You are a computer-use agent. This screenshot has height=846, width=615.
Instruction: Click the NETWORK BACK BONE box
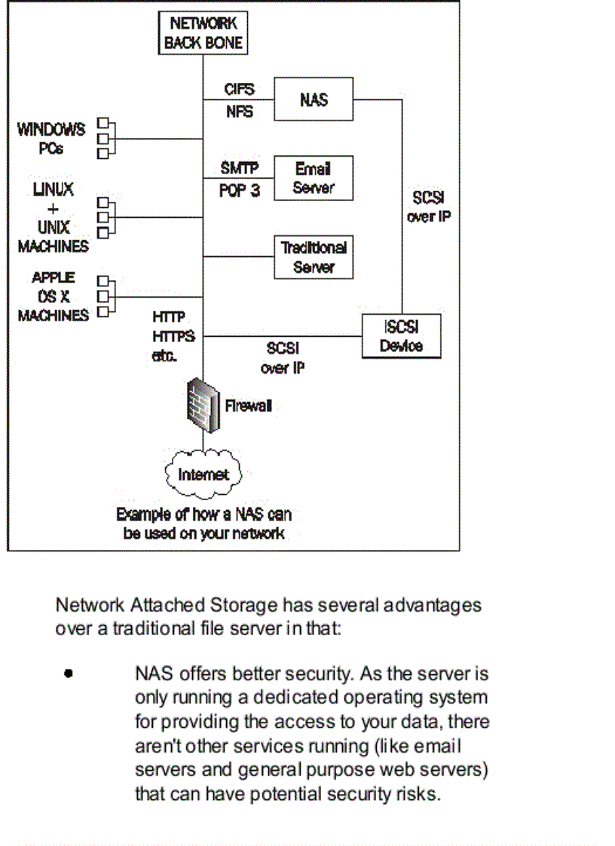[x=203, y=33]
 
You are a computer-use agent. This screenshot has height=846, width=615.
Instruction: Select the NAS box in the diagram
[x=313, y=99]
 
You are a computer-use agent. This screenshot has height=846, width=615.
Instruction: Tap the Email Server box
[x=313, y=179]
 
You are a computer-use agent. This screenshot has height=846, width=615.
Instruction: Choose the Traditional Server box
[x=313, y=257]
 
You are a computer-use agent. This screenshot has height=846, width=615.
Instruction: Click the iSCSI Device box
[x=401, y=336]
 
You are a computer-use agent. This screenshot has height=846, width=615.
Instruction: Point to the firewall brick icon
[x=203, y=407]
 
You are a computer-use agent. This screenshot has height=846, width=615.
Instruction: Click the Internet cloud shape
[x=203, y=475]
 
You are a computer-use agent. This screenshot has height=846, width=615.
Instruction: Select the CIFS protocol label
[x=239, y=89]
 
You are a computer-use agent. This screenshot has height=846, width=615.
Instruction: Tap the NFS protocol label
[x=239, y=112]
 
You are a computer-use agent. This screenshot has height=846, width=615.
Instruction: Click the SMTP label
[x=239, y=168]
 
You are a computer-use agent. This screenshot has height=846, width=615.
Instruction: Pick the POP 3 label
[x=239, y=191]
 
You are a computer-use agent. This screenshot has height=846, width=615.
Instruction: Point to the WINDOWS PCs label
[x=51, y=139]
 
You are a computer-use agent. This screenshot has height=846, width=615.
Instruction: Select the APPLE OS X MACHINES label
[x=53, y=296]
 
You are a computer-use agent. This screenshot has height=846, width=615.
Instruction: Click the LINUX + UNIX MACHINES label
[x=53, y=218]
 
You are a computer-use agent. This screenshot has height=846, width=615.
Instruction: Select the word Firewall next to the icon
[x=249, y=406]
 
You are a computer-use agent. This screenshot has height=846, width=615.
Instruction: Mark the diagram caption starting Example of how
[x=203, y=524]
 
